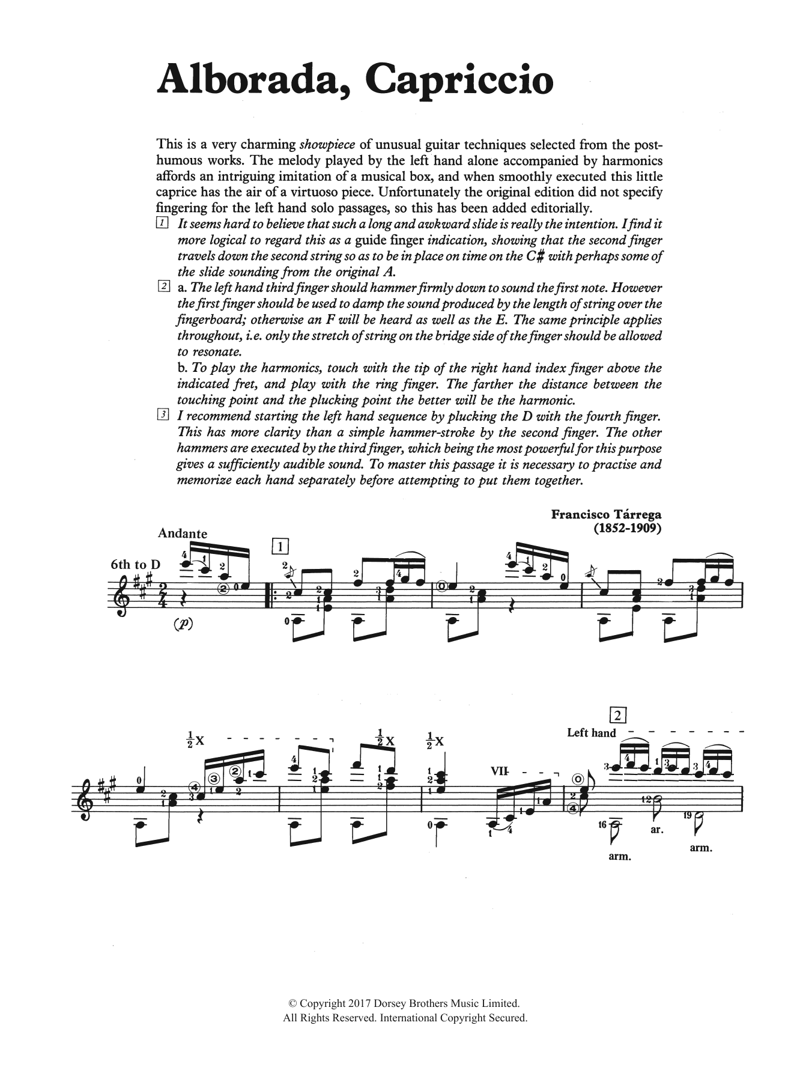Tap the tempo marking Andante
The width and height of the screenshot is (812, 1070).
click(182, 533)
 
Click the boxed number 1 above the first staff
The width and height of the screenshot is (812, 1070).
click(280, 546)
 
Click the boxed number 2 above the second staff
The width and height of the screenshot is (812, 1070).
click(617, 715)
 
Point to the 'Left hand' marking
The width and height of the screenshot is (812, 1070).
click(591, 732)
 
